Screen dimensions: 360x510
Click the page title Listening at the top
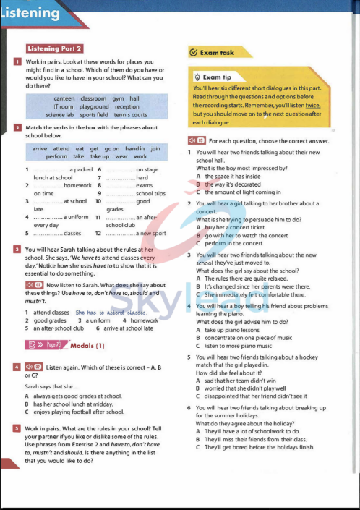31,13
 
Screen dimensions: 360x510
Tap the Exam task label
216,53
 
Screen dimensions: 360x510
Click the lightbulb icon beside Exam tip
197,77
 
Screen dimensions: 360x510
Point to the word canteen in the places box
64,98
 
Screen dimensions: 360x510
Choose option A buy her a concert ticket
231,227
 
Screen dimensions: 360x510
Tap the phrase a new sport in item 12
151,234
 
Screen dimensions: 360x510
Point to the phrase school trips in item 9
150,194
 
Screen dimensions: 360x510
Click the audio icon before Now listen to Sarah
30,286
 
